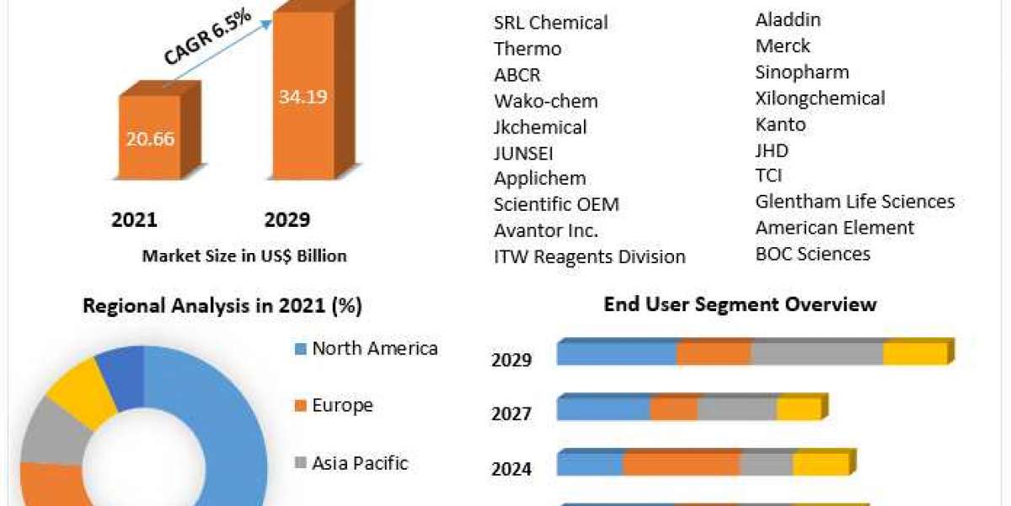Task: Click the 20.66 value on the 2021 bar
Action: [151, 138]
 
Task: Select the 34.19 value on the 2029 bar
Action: [302, 96]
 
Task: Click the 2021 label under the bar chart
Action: [134, 220]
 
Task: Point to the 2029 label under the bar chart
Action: [287, 220]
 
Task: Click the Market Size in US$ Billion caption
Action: [244, 256]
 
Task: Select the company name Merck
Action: [783, 46]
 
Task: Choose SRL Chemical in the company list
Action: [551, 23]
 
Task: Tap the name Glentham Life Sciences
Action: [854, 202]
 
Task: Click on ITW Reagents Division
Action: [590, 256]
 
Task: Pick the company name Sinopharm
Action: [802, 72]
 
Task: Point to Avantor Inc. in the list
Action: [546, 230]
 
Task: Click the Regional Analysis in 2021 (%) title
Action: [222, 306]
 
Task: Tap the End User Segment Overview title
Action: [741, 304]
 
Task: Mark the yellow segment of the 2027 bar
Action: [798, 409]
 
